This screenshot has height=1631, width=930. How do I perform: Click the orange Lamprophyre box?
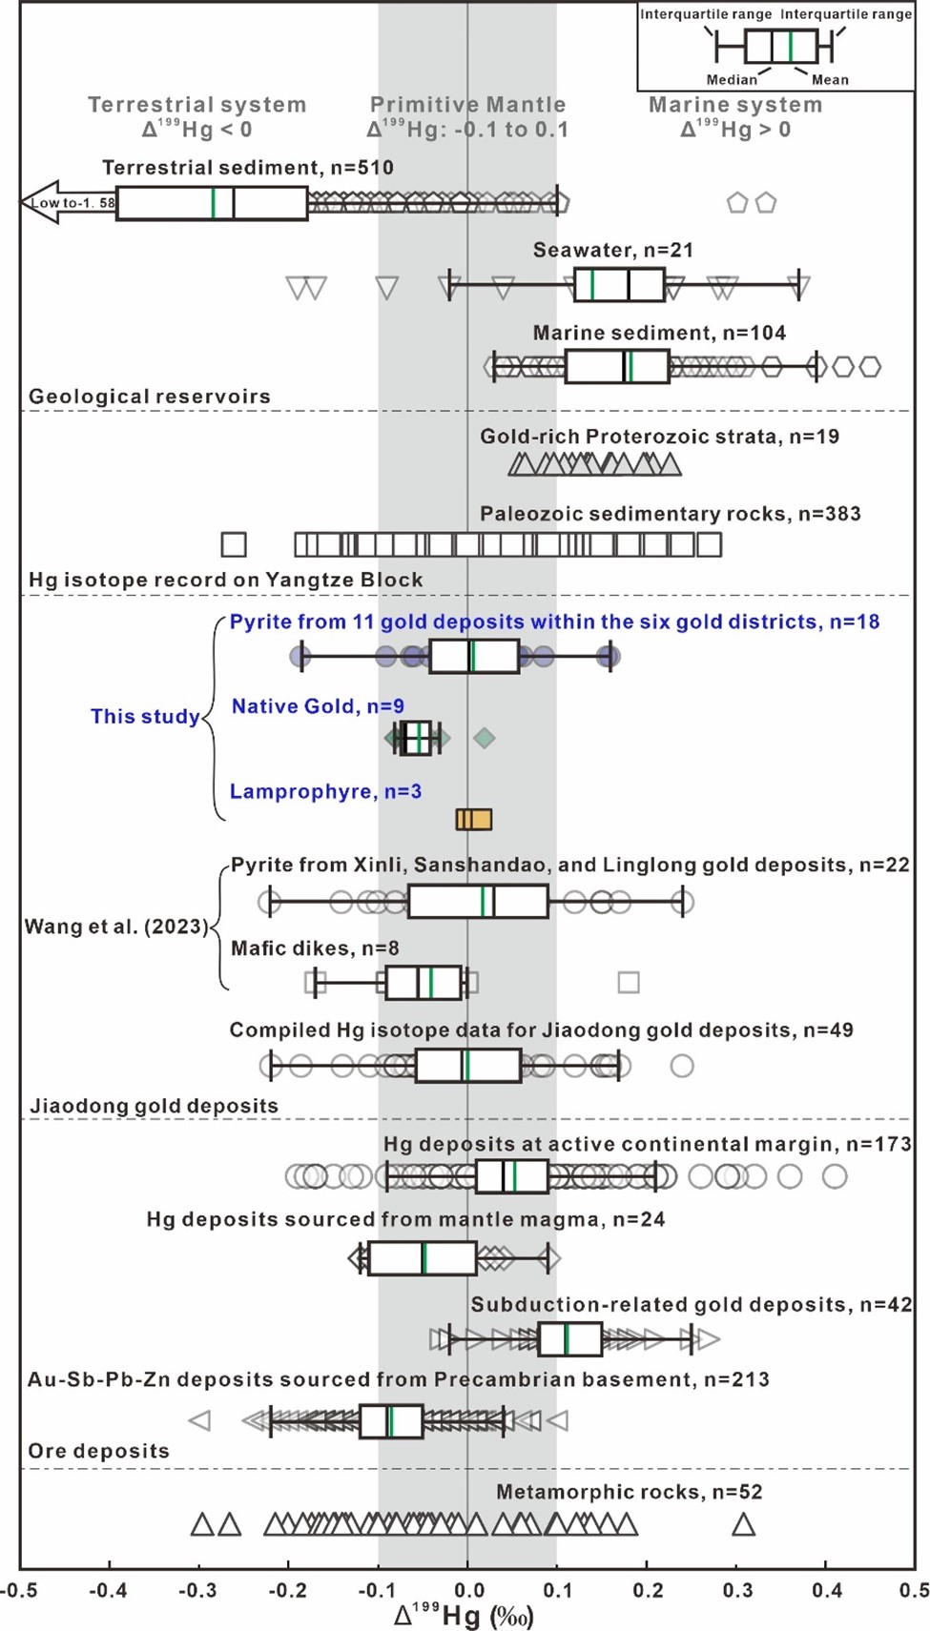(x=474, y=820)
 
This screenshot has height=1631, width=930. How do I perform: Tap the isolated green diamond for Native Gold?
(x=485, y=738)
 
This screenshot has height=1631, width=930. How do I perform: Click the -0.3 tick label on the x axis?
(x=197, y=1590)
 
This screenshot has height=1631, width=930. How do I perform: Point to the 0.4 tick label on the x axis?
(x=826, y=1590)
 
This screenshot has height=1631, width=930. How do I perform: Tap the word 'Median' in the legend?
(x=732, y=80)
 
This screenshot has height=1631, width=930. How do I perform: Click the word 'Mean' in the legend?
(x=830, y=80)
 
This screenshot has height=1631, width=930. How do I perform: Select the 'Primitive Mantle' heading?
(x=467, y=105)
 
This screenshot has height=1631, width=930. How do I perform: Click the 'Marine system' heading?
(x=735, y=105)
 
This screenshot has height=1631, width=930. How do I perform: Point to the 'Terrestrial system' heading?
(x=197, y=105)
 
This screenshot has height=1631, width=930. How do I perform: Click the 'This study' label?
(x=145, y=717)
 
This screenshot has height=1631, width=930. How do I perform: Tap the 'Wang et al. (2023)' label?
(x=115, y=927)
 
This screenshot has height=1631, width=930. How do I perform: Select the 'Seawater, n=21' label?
(x=612, y=250)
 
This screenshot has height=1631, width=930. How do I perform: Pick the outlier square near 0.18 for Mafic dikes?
(x=628, y=982)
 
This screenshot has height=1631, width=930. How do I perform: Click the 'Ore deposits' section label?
(x=98, y=1451)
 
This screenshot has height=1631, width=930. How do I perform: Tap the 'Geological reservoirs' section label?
(x=150, y=397)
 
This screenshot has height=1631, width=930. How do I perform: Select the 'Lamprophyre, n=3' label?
(x=325, y=791)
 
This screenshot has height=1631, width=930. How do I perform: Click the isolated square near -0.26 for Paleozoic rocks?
(x=234, y=544)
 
